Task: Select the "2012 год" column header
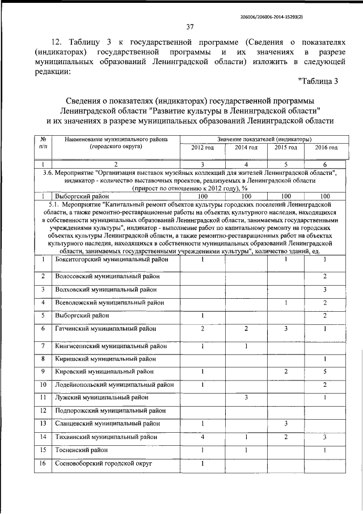(x=202, y=148)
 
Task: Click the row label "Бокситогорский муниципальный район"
(x=112, y=260)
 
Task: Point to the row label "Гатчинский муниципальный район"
(x=107, y=328)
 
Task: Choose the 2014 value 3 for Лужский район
(x=246, y=397)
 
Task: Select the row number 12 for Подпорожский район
(x=43, y=410)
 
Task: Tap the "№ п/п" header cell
(x=43, y=143)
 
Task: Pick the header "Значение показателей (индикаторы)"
(x=264, y=139)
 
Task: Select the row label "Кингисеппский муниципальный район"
(x=111, y=345)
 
